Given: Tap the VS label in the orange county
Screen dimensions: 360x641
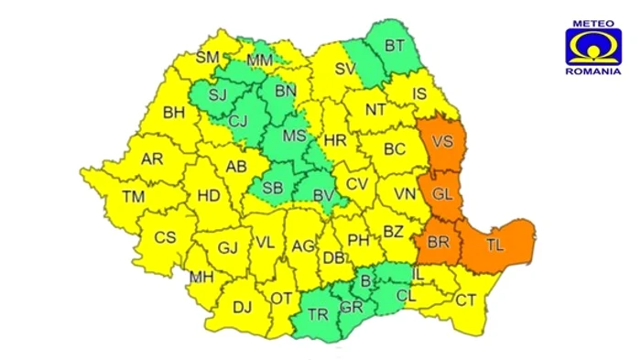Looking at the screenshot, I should click(443, 142).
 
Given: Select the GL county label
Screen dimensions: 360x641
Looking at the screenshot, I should click(442, 195).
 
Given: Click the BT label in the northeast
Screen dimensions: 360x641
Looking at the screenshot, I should click(395, 45).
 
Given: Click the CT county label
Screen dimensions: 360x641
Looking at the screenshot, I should click(466, 300).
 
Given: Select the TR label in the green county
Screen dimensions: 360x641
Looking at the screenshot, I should click(318, 314).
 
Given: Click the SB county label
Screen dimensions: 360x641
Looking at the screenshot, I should click(271, 189).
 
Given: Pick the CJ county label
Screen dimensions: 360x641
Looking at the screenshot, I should click(238, 120).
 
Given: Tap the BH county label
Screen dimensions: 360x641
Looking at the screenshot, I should click(174, 114).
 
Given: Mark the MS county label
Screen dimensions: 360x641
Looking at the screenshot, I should click(293, 136).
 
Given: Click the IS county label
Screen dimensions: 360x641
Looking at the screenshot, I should click(420, 93).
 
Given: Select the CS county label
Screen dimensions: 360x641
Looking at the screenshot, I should click(164, 237).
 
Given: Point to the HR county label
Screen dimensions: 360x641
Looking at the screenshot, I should click(335, 141).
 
